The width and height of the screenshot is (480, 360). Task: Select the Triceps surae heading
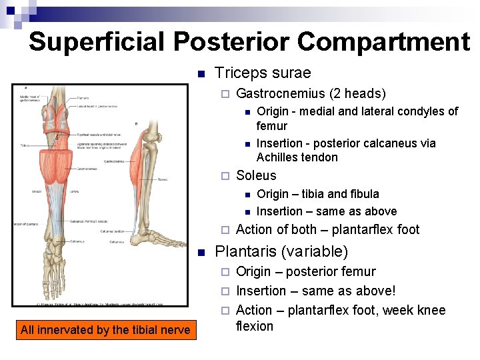click(263, 73)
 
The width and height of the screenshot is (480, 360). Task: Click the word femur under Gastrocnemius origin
click(272, 125)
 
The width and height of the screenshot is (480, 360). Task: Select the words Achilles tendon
click(297, 157)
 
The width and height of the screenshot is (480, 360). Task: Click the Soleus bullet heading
click(256, 175)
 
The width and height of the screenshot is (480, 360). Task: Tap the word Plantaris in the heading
click(245, 252)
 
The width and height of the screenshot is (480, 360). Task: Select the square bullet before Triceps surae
click(201, 73)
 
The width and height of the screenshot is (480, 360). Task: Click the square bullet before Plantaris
click(201, 252)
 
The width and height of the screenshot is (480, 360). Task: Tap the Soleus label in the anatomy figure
click(162, 179)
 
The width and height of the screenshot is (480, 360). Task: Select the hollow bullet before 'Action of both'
click(225, 230)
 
